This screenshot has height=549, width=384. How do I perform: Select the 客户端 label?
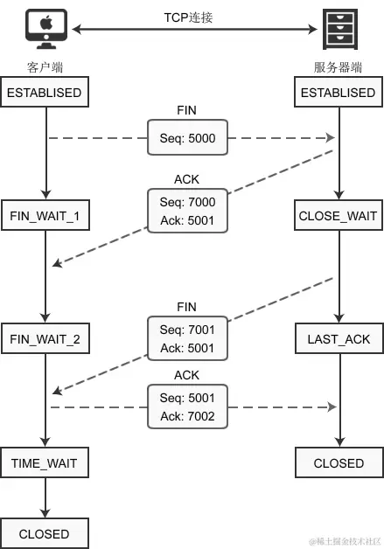tap(45, 67)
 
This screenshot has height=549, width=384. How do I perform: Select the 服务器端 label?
tap(338, 67)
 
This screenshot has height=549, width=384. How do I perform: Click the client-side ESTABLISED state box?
tap(45, 93)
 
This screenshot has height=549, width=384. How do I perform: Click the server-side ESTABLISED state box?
tap(338, 93)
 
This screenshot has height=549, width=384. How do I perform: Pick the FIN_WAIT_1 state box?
tap(45, 215)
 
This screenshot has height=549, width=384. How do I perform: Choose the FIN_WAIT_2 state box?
tap(45, 338)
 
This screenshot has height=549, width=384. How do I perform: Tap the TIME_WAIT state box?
tap(45, 462)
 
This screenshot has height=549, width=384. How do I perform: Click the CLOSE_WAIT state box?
tap(338, 215)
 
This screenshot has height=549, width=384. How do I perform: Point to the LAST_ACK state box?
tap(338, 338)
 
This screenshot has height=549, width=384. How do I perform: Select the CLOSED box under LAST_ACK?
tap(338, 462)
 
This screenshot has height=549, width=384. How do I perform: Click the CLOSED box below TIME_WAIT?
tap(45, 533)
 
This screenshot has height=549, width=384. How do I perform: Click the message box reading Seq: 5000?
tap(187, 137)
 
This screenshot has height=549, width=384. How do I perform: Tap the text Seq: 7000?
tap(187, 203)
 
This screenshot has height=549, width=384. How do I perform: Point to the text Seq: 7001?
tap(187, 331)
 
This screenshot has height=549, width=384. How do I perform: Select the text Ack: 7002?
tap(187, 415)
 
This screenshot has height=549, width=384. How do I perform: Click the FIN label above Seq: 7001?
tap(187, 307)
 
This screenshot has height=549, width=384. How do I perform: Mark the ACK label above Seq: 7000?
tap(187, 179)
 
